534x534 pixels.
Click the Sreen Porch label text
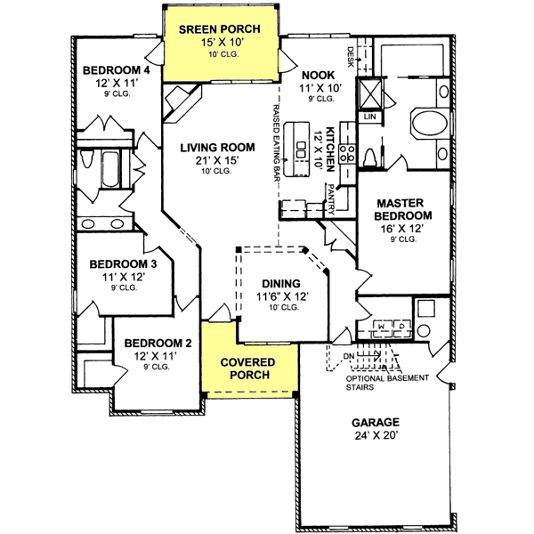click(x=218, y=28)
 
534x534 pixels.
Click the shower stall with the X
click(x=369, y=93)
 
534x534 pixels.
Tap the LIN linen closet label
click(x=369, y=117)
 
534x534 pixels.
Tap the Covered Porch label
click(x=248, y=369)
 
